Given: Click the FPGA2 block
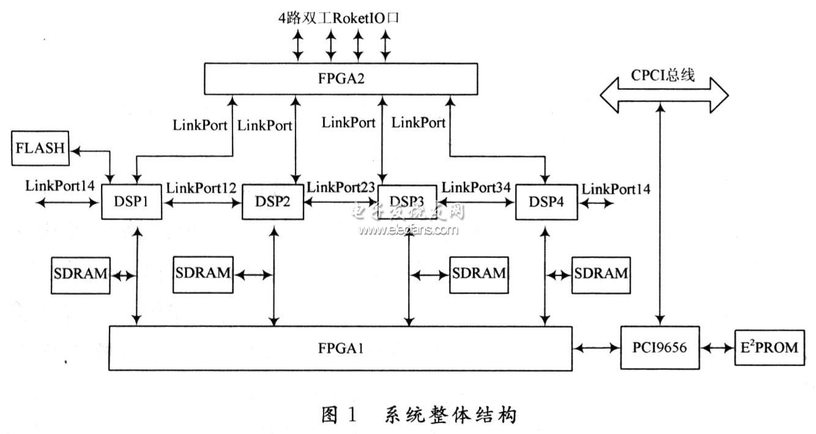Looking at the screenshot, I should coord(340,80).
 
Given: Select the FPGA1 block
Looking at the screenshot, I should coord(340,348).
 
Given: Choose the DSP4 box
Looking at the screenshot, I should coord(546,203).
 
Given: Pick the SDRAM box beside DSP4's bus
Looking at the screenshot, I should coord(600,274).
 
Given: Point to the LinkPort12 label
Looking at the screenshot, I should coord(201,189).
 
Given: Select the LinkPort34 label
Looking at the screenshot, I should coord(476,188).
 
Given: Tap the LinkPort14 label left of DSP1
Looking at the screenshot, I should coord(61,185).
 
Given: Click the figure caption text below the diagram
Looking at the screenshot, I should coord(419,415).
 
